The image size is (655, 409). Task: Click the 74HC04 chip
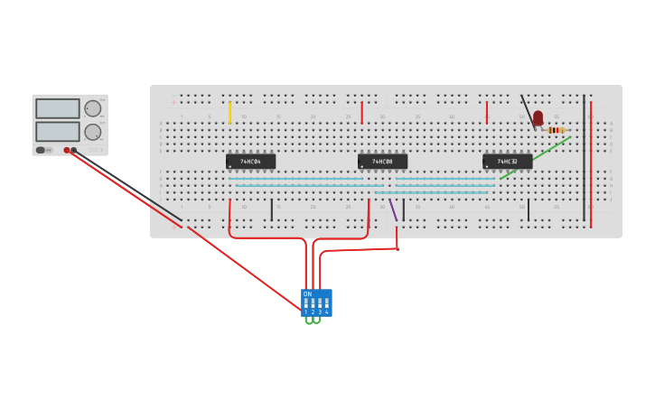coord(250,162)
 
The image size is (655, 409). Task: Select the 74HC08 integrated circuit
coord(382,162)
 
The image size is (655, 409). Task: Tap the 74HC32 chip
coord(507,162)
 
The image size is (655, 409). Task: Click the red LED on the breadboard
coord(538,117)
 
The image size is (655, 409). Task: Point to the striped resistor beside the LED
coord(556,130)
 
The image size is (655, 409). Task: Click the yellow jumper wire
coord(229,112)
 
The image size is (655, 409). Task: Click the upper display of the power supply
coord(58,108)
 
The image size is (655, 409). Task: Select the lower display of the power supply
coord(58,131)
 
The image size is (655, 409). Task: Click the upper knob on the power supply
coord(92,108)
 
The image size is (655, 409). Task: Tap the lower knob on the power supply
coord(92,132)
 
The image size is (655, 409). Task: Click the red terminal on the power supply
coord(67,150)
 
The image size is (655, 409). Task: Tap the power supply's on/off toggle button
coord(41,150)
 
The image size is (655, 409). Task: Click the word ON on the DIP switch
coord(307,294)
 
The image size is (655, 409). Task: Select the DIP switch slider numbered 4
coord(326,302)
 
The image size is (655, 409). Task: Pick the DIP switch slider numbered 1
coord(306,302)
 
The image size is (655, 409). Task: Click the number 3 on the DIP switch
coord(320,311)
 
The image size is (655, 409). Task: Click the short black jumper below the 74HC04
coord(271,209)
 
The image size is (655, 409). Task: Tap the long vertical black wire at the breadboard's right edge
coord(584,159)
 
